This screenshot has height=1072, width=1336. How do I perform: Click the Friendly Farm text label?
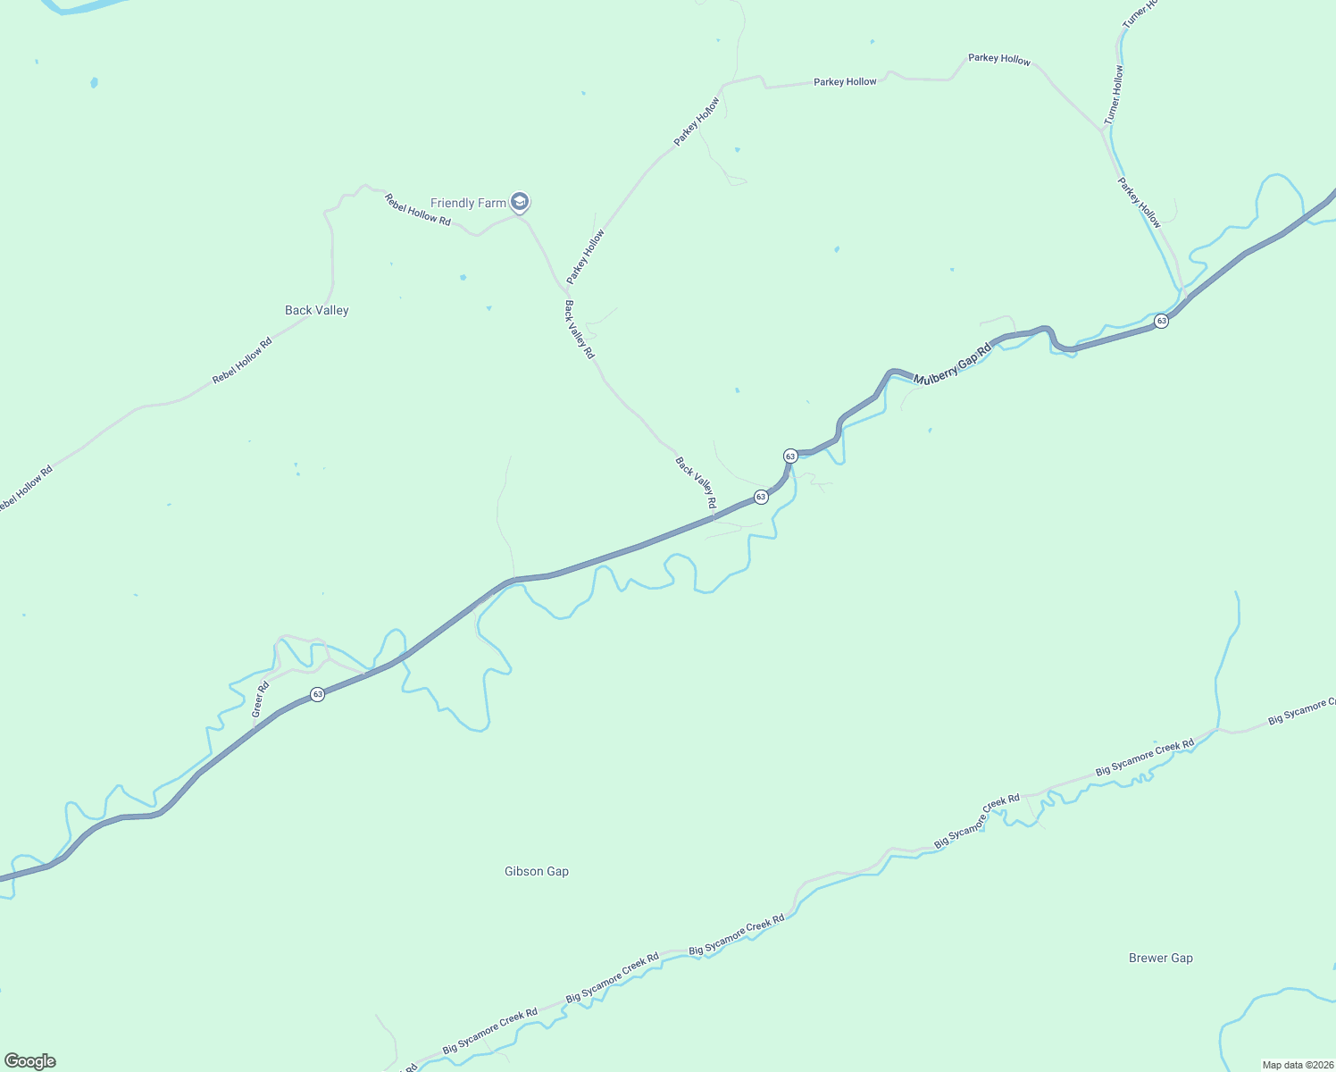click(468, 204)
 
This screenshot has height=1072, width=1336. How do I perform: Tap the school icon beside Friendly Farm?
click(520, 202)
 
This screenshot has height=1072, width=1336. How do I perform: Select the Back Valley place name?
click(317, 311)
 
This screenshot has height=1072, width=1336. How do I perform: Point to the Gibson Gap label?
click(537, 872)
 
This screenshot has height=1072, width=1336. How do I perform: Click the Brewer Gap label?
click(1161, 959)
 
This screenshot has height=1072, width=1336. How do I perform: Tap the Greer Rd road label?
click(260, 699)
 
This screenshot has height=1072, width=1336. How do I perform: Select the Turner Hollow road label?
click(1114, 95)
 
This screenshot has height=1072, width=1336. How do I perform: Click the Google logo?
click(30, 1061)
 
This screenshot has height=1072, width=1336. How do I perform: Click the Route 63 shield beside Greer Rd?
click(317, 694)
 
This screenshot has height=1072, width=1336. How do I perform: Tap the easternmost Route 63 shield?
click(1161, 321)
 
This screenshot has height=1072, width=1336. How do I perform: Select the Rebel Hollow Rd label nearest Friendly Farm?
click(418, 209)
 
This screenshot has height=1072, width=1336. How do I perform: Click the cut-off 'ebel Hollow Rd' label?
click(25, 490)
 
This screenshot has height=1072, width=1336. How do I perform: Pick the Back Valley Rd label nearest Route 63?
click(696, 483)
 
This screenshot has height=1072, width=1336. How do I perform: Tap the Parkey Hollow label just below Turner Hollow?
click(1140, 202)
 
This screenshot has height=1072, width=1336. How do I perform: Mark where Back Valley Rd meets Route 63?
click(714, 516)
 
